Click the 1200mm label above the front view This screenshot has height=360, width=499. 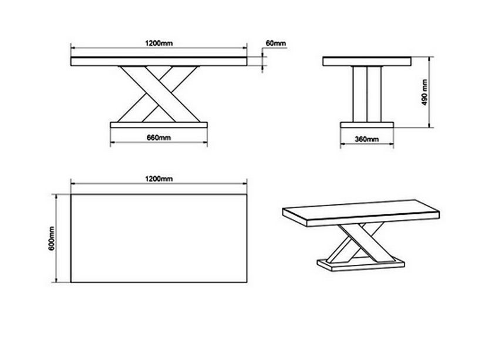click(x=159, y=43)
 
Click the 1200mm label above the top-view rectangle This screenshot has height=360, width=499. click(x=159, y=179)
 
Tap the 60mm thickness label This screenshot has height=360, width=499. click(x=275, y=43)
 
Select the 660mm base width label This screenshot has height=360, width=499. click(x=159, y=137)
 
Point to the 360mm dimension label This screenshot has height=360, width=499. click(x=366, y=139)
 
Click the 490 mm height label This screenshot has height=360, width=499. click(x=424, y=93)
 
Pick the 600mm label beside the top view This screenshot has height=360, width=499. click(x=52, y=238)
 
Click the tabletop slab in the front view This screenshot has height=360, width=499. click(x=159, y=62)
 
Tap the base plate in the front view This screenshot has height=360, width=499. click(x=159, y=125)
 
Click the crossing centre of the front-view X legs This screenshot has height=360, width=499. click(x=159, y=94)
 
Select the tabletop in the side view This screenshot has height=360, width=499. click(x=366, y=62)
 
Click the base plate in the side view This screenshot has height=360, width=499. click(x=366, y=125)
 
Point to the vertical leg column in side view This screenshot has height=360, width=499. click(x=366, y=94)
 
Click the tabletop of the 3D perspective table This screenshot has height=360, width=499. click(x=360, y=213)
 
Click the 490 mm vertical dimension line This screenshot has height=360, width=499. click(x=430, y=92)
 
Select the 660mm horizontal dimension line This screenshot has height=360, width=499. click(x=159, y=142)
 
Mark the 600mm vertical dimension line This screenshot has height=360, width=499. click(x=56, y=238)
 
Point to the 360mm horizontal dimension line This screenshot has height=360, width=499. click(x=366, y=144)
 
